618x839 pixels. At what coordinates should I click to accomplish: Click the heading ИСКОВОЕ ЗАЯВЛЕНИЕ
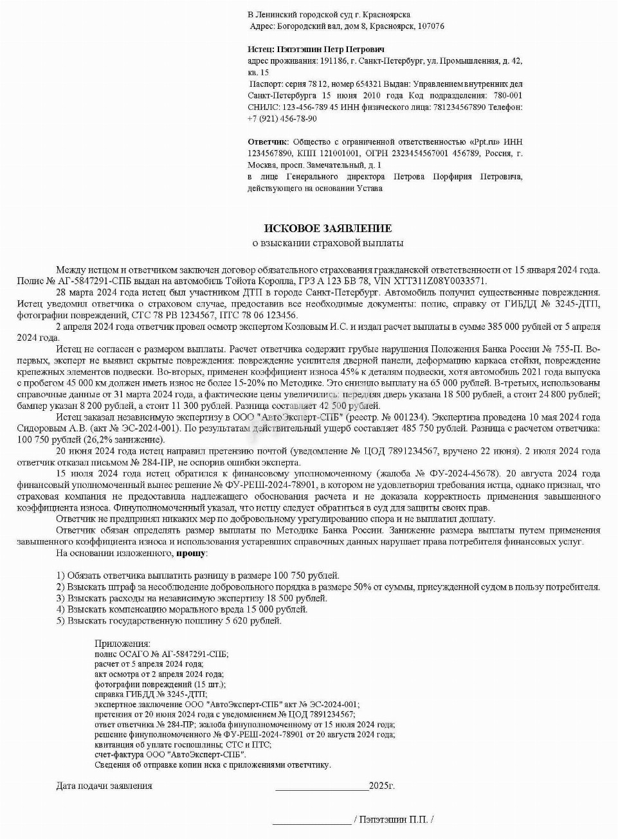pyautogui.click(x=328, y=228)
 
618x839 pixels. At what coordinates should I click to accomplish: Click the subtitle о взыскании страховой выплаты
pyautogui.click(x=328, y=243)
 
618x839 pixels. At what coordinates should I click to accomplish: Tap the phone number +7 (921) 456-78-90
pyautogui.click(x=282, y=119)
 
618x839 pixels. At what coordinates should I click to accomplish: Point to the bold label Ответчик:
pyautogui.click(x=268, y=141)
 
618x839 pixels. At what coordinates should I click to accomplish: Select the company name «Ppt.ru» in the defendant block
pyautogui.click(x=485, y=141)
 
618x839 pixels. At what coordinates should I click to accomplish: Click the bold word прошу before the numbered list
pyautogui.click(x=191, y=553)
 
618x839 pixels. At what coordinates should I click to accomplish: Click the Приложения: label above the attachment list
pyautogui.click(x=122, y=644)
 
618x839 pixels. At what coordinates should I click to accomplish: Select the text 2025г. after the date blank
pyautogui.click(x=382, y=786)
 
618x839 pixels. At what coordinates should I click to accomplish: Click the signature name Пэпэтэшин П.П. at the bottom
pyautogui.click(x=394, y=820)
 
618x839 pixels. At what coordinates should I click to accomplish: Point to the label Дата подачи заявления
pyautogui.click(x=104, y=786)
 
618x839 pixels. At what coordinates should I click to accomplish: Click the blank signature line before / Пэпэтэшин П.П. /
pyautogui.click(x=311, y=821)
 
